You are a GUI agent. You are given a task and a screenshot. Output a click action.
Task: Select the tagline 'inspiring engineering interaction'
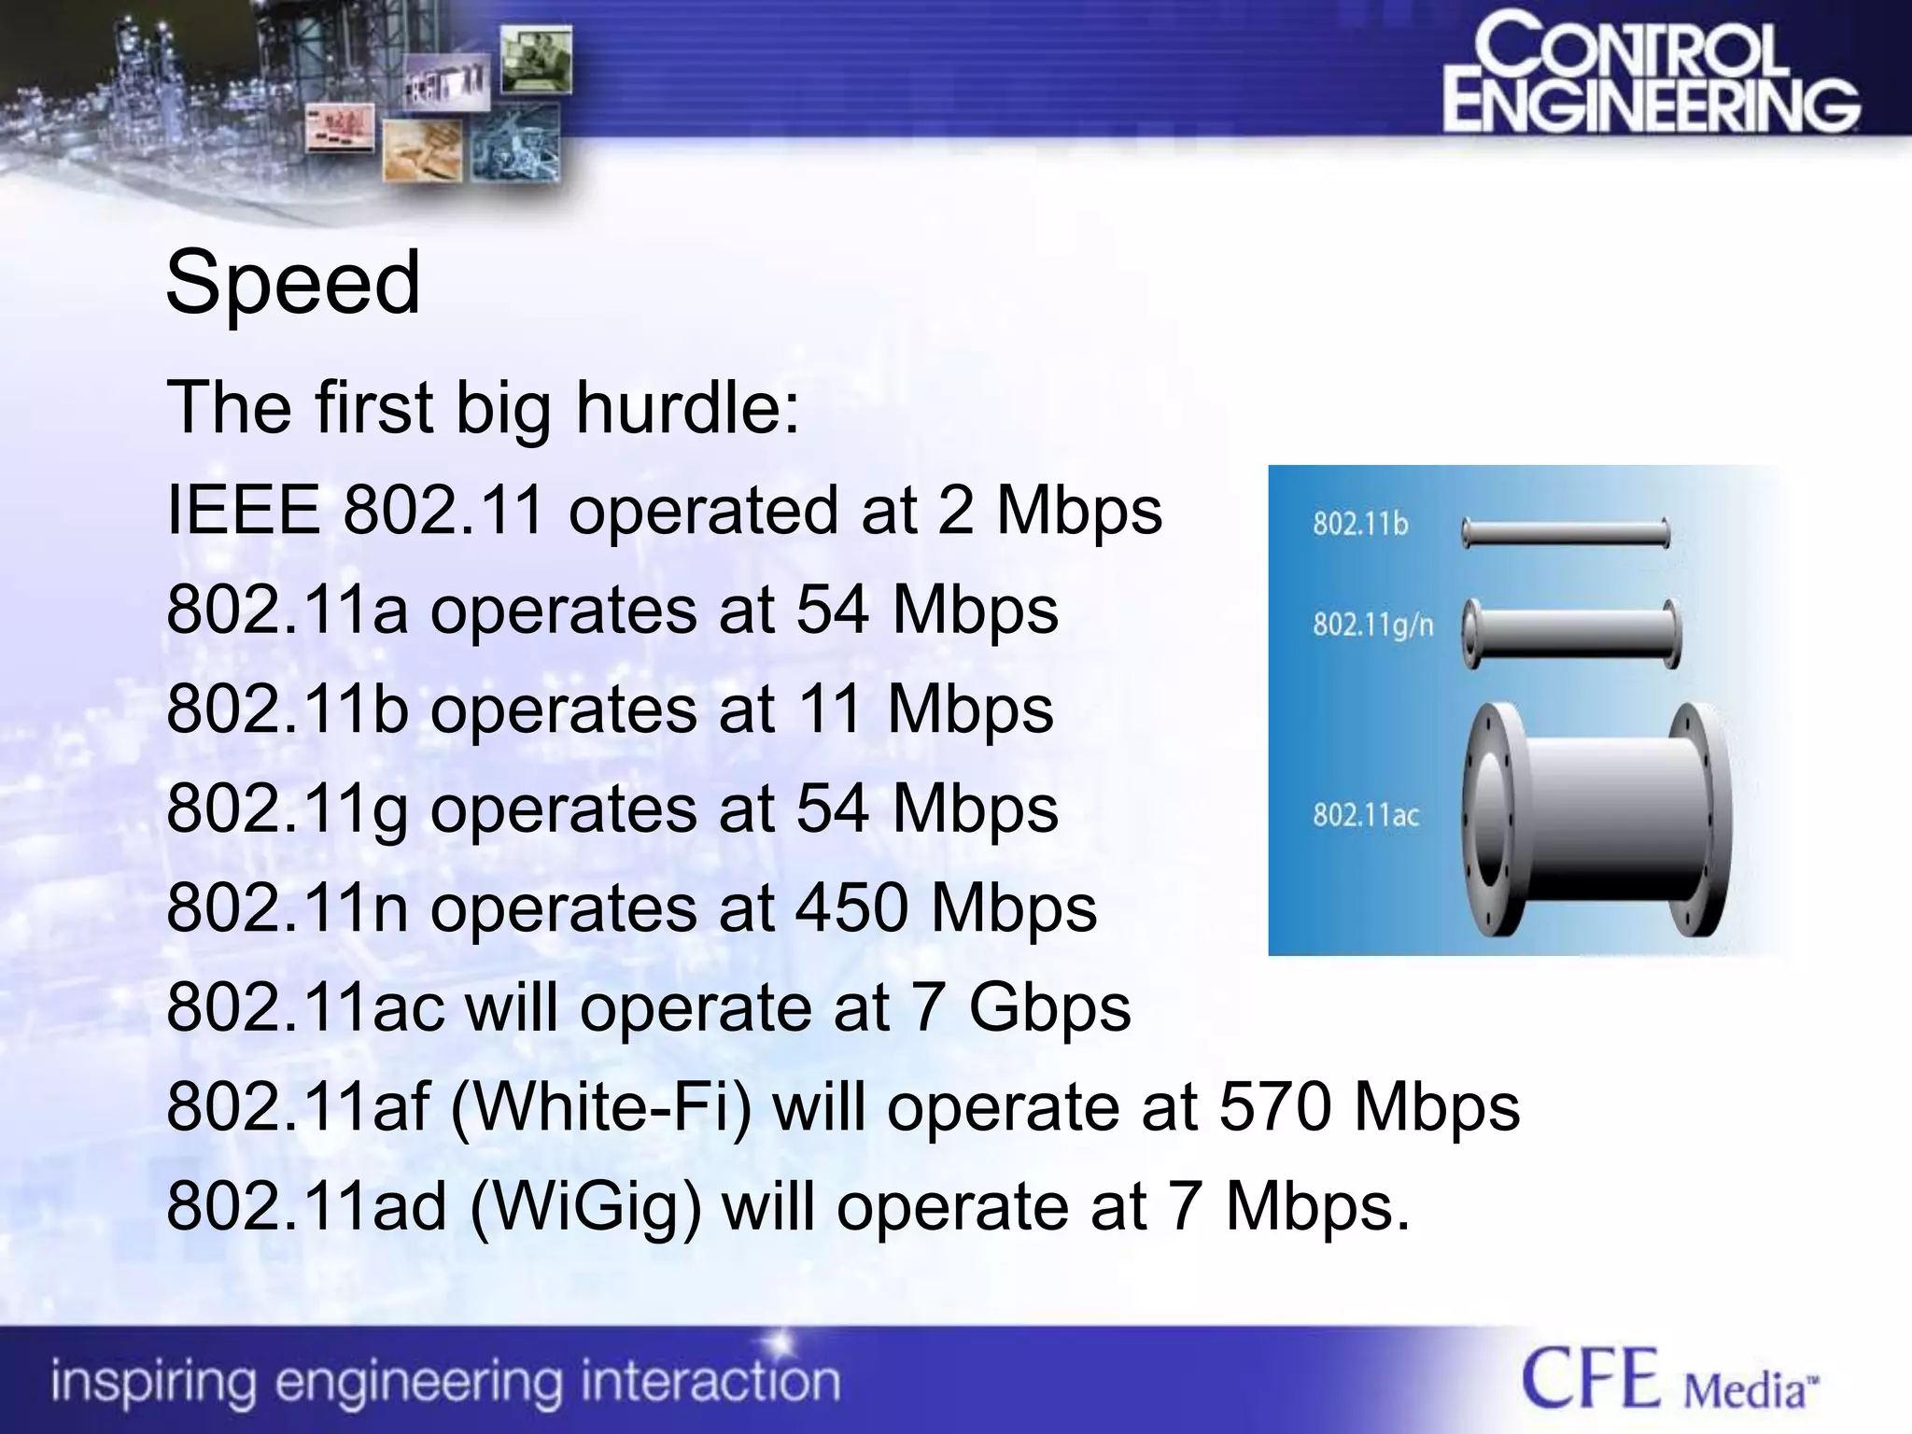tap(445, 1382)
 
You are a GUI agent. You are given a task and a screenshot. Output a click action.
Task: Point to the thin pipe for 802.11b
tap(1566, 533)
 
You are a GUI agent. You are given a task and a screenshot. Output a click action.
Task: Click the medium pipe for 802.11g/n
tap(1571, 634)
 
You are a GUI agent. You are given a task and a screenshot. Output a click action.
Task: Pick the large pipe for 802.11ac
tap(1596, 819)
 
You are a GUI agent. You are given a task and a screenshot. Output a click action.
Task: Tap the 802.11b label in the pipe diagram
tap(1360, 524)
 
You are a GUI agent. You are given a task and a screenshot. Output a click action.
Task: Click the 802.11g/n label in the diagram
tap(1372, 624)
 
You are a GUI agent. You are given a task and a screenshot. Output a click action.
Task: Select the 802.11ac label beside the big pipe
tap(1366, 815)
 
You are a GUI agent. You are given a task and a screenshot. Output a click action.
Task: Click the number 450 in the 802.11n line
tap(851, 907)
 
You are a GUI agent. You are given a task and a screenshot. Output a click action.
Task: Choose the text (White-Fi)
tap(601, 1107)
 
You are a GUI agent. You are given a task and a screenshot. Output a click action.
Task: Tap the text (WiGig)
tap(585, 1207)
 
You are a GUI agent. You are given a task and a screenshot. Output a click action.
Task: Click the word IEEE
tap(243, 510)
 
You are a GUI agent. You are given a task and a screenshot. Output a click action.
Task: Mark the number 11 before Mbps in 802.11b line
tap(829, 709)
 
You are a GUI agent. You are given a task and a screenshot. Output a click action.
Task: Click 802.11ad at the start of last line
tap(306, 1207)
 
